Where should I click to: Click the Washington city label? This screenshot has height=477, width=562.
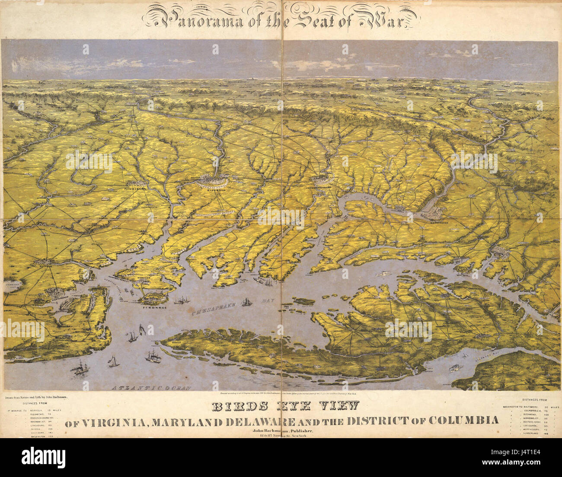click(x=445, y=223)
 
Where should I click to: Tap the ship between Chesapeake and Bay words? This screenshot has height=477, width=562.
click(x=246, y=302)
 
